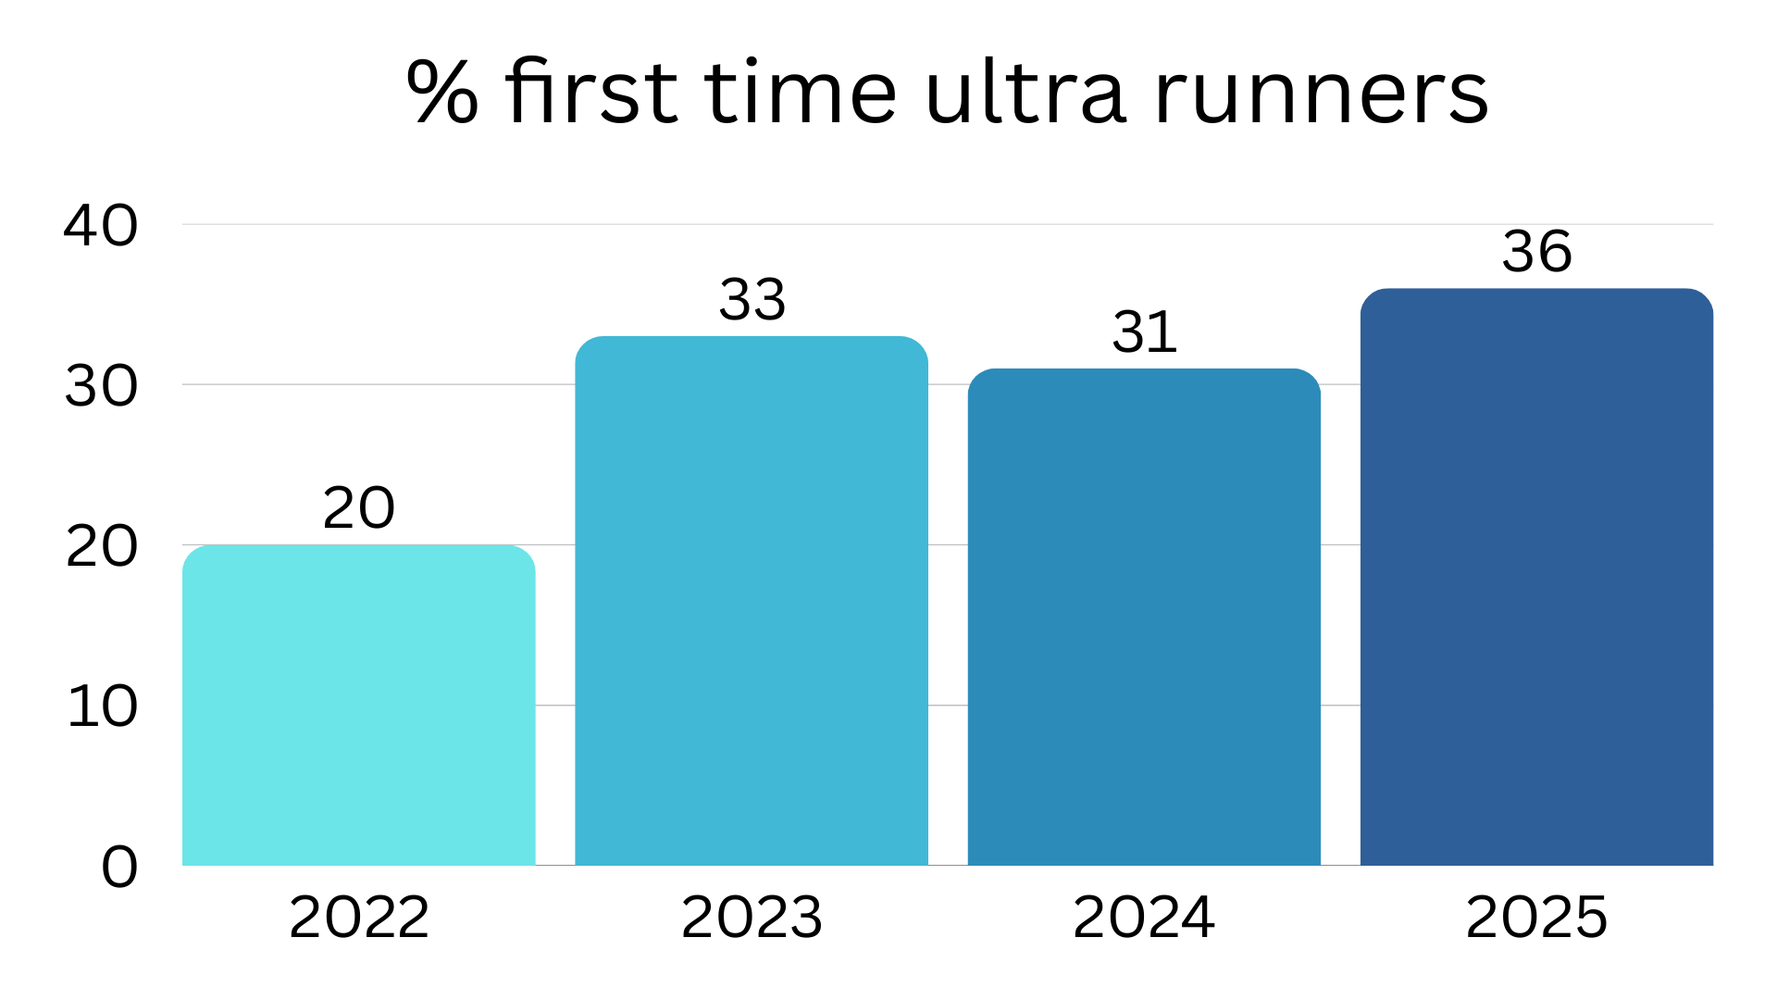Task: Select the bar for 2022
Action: [x=358, y=706]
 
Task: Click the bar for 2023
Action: [x=751, y=602]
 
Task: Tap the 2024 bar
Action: [x=1144, y=618]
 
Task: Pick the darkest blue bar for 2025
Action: [x=1536, y=578]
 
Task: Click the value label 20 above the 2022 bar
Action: [x=358, y=508]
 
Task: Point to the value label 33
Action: [x=752, y=300]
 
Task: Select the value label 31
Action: [x=1144, y=332]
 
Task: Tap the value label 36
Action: [x=1536, y=252]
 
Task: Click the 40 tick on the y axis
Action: [x=101, y=225]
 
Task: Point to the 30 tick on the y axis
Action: [x=101, y=386]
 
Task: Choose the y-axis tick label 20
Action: [x=101, y=546]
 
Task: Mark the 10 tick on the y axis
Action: [x=103, y=706]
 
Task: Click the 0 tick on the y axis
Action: [x=119, y=868]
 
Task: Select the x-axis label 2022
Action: [x=358, y=918]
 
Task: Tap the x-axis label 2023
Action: [x=751, y=918]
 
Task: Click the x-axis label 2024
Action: [x=1143, y=918]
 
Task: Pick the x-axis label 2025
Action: [x=1536, y=918]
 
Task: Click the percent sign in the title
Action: [x=442, y=93]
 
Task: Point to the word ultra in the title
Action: [x=1025, y=93]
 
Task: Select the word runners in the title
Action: [x=1321, y=93]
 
